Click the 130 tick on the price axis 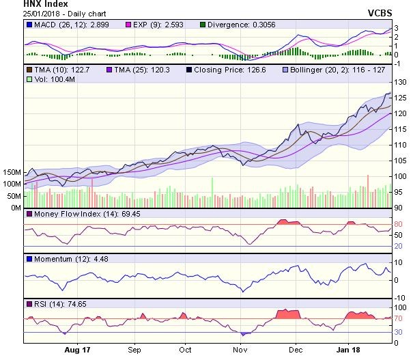tap(401, 82)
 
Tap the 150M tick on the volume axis tap(12, 173)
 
